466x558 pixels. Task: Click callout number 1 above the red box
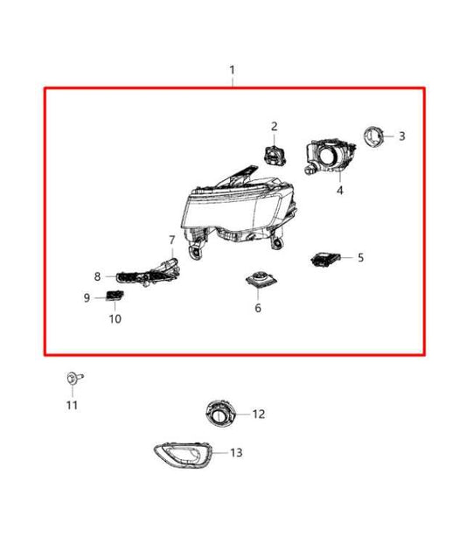[232, 69]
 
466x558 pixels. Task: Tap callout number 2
[274, 127]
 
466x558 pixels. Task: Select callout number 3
[401, 136]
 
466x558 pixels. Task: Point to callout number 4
[340, 190]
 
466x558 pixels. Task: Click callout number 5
[359, 257]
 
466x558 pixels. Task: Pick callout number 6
[258, 308]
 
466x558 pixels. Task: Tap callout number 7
[171, 240]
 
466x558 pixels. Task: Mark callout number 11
[72, 404]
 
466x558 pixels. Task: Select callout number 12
[258, 414]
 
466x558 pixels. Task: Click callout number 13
[236, 452]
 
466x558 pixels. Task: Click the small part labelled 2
[273, 153]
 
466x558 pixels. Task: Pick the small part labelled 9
[113, 295]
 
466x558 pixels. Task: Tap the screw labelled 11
[71, 378]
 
